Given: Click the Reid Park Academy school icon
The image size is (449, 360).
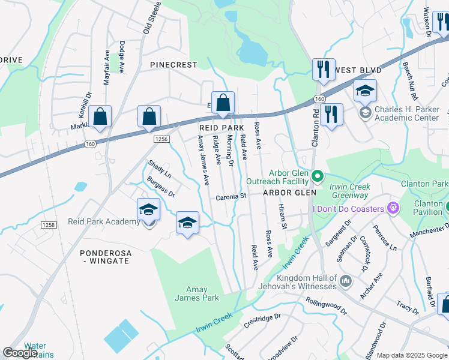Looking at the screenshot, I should pos(148,211).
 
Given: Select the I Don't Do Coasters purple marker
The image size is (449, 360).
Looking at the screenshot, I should pos(393,208).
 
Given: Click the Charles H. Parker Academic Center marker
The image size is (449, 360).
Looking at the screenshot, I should pos(364,113).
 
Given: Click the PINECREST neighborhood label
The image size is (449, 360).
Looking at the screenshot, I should pos(173,64).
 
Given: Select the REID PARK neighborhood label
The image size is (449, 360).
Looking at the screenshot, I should pos(221,128).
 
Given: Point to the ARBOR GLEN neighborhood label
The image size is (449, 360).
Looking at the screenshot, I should pos(289,193).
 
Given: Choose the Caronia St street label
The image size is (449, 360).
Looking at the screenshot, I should pos(231,196).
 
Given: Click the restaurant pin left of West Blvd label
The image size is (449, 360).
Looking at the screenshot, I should pos(323,69).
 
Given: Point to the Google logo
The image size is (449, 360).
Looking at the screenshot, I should pos(20,353).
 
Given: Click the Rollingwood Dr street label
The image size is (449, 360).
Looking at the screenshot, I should pos(326,305).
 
